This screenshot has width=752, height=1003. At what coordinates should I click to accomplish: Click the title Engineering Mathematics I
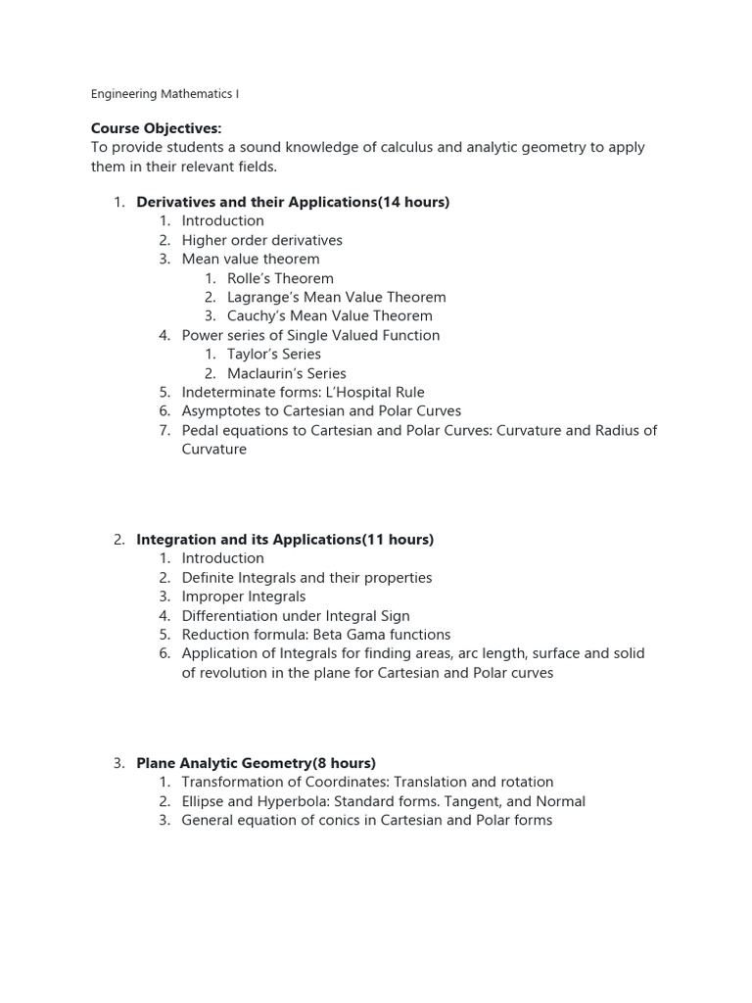(164, 94)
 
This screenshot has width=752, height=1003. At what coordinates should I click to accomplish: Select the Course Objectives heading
(156, 128)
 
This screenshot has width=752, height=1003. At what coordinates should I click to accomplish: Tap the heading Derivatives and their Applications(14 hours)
(293, 202)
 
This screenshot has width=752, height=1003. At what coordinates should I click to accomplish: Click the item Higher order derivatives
(261, 240)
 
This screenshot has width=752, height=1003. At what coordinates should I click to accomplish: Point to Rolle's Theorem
(280, 278)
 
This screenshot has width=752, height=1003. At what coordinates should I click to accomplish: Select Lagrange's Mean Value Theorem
(336, 297)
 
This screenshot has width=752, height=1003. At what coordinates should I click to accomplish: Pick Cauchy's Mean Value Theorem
(329, 315)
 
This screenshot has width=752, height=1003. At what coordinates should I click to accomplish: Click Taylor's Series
(273, 354)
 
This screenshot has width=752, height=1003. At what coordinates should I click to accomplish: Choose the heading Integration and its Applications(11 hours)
(285, 540)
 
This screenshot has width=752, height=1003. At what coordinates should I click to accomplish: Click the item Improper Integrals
(243, 597)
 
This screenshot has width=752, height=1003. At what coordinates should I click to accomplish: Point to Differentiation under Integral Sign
(296, 616)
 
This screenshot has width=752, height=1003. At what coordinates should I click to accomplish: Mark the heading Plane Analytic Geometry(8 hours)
(256, 763)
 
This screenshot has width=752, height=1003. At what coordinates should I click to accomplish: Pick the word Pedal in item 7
(201, 430)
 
